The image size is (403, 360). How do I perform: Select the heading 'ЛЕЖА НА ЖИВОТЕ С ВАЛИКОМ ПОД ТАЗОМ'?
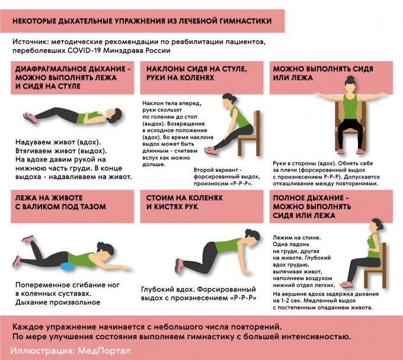60,202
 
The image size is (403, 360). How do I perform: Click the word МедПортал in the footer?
104,351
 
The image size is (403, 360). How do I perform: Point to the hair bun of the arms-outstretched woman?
350,78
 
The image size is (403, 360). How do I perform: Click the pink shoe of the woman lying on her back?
30,118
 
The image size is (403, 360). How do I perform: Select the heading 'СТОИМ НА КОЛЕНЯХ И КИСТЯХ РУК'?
184,202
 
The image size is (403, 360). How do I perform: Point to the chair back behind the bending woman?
257,123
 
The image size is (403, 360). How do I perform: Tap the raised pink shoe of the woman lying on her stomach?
27,239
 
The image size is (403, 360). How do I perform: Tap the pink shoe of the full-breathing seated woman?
346,285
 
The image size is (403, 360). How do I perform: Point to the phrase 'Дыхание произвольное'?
58,302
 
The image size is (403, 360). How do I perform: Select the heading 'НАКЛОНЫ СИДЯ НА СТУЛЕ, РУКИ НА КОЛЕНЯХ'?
197,74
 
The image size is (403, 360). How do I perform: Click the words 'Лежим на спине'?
296,238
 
